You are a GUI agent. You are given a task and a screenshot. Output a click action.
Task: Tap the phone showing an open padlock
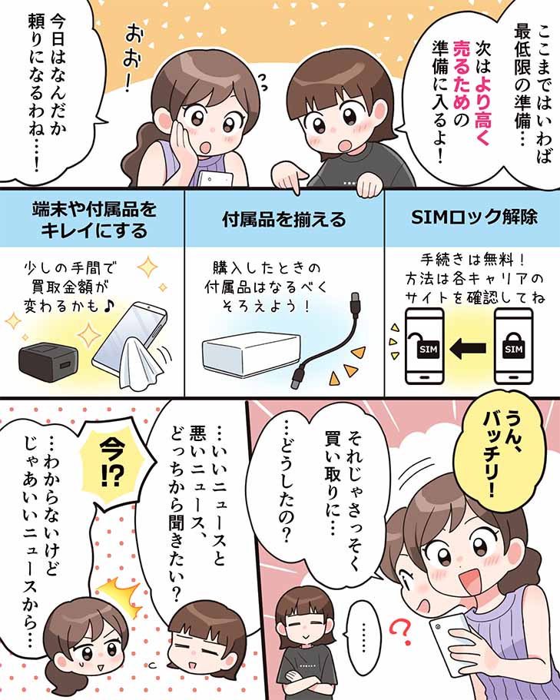tap(423, 347)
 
